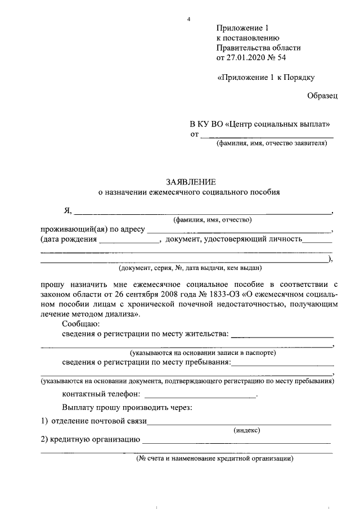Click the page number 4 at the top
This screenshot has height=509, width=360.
click(189, 20)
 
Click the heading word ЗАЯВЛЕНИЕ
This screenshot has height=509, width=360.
click(190, 182)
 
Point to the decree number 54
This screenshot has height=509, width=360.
click(287, 57)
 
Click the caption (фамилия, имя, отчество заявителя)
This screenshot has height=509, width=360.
click(271, 143)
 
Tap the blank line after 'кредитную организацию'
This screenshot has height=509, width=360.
click(236, 439)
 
